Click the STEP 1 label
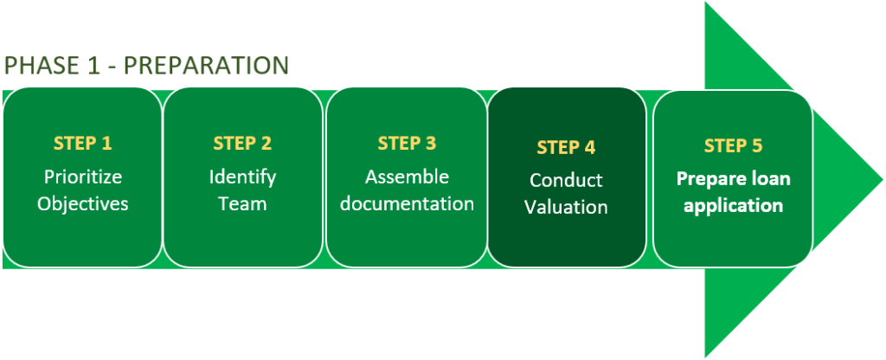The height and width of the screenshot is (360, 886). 83,144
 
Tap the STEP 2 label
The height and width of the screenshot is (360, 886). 242,144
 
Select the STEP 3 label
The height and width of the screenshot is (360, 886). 407,143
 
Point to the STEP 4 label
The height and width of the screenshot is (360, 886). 566,147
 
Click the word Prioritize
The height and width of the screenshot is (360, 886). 83,177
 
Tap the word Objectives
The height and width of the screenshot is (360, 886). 83,204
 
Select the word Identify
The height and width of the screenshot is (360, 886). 242,177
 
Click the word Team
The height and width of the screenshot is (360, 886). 242,204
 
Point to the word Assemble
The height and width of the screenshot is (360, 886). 407,177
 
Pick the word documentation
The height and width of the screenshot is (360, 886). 407,204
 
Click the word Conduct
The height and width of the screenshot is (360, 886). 566,181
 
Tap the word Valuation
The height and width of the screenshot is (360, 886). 566,208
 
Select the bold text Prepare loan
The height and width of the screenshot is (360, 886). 733,179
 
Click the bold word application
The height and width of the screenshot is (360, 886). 733,206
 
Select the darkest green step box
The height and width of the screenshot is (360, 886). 567,234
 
